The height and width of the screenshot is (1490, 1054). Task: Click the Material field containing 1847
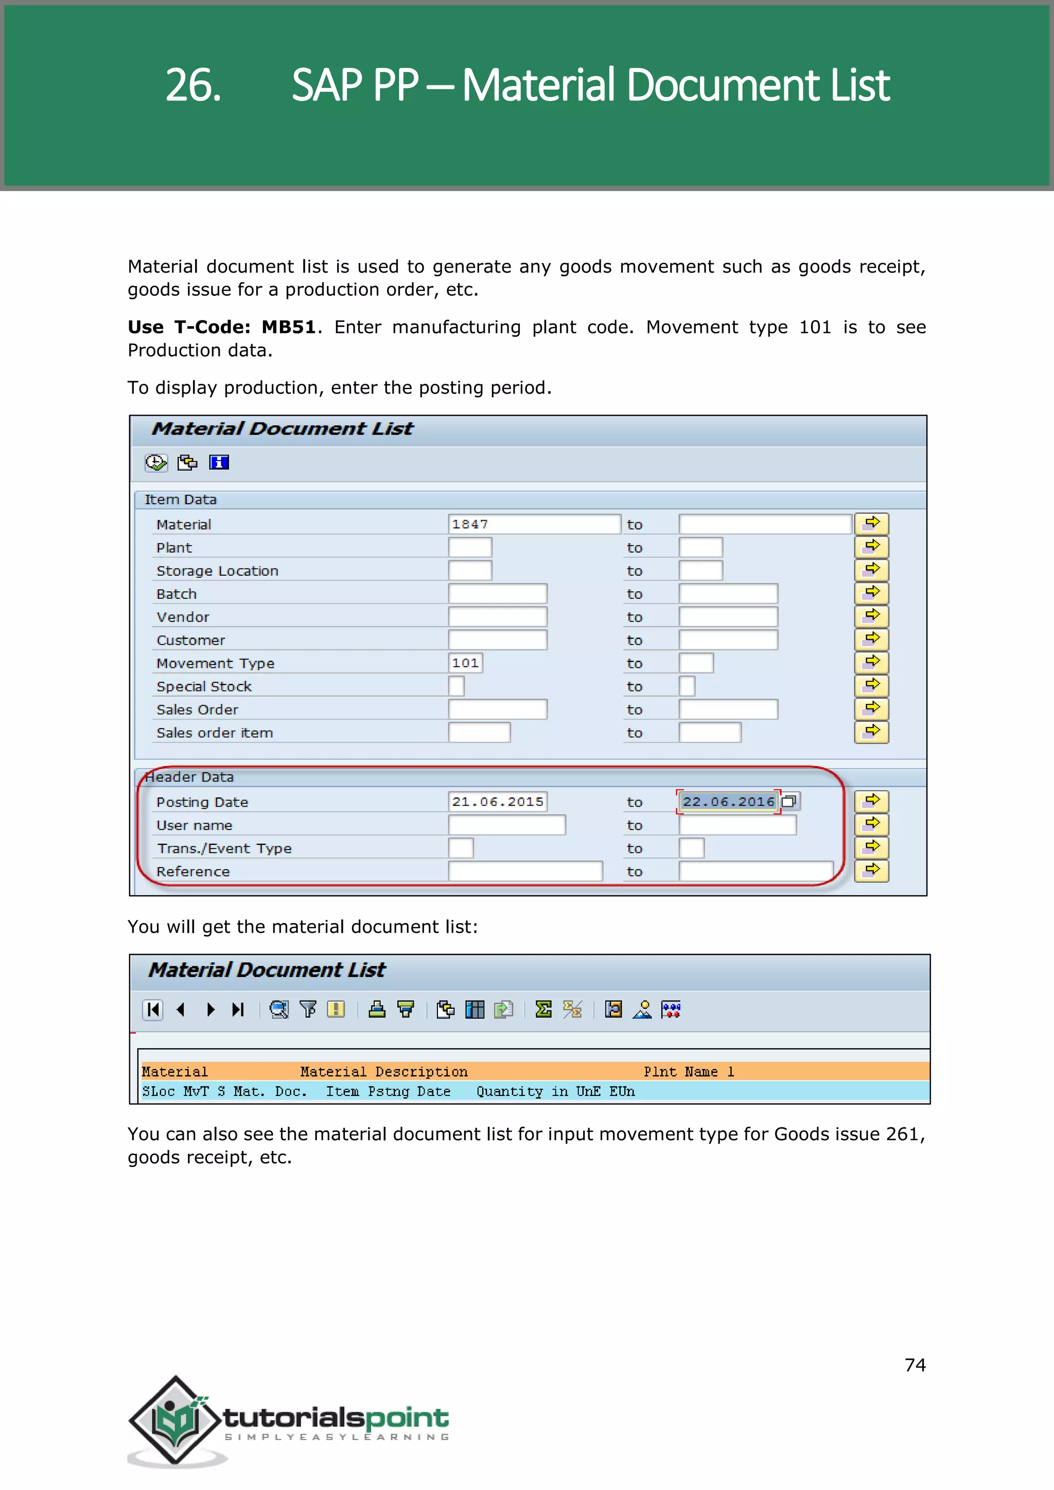pos(534,524)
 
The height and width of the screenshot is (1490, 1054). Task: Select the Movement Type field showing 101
pos(465,663)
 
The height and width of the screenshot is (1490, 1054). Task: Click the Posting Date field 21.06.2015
pos(497,802)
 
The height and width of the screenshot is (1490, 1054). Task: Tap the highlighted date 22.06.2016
pos(728,802)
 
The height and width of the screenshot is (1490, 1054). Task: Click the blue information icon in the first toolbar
pos(219,462)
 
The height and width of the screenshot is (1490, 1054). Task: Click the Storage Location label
pos(217,571)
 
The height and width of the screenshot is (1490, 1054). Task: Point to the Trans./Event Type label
pos(224,848)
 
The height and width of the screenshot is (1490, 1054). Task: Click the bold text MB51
pos(288,327)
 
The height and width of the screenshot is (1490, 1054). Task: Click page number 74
pos(915,1365)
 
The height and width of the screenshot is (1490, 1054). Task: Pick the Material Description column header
pos(383,1071)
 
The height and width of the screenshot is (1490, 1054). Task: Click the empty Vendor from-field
pos(497,616)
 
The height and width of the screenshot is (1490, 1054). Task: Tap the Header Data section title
pos(189,777)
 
